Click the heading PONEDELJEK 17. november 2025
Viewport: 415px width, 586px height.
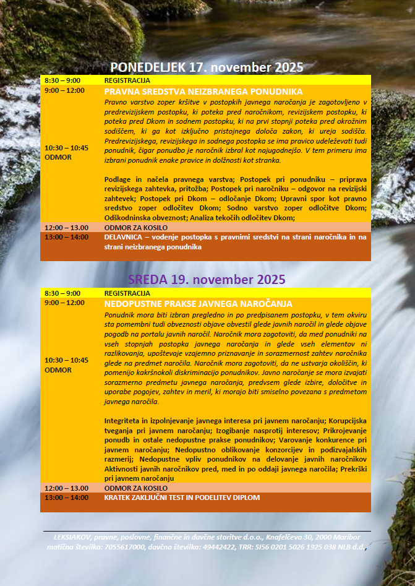(207, 67)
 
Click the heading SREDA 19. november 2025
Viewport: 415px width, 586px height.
(207, 280)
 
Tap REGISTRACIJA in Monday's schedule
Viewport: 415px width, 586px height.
(127, 80)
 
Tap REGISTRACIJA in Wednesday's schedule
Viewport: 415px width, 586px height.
(127, 293)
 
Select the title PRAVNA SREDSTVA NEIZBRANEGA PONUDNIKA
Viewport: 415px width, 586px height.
(203, 91)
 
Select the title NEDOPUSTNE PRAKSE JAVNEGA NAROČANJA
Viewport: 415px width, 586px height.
(198, 304)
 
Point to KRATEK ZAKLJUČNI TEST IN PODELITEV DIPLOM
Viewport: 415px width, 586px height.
(182, 498)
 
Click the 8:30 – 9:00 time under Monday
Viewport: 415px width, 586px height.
(62, 80)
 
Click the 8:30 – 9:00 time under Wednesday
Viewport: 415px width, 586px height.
(62, 293)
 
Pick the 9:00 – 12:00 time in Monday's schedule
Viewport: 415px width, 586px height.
(64, 90)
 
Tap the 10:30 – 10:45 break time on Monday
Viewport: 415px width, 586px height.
(66, 148)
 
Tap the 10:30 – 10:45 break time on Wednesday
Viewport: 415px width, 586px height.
(66, 360)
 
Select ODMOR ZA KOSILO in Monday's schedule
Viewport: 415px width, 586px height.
(131, 228)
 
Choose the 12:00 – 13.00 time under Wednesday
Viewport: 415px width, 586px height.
(66, 488)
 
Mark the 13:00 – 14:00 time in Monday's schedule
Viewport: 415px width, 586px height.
(66, 237)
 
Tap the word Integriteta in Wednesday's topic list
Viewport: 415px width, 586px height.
(124, 420)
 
